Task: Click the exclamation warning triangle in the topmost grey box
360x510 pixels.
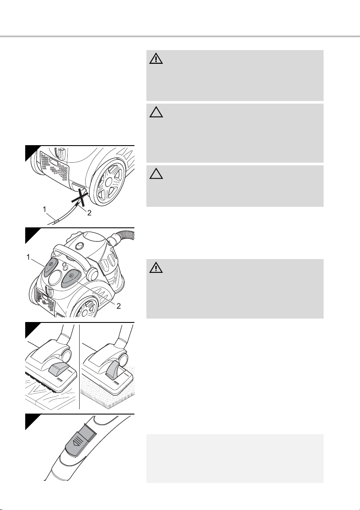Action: point(156,59)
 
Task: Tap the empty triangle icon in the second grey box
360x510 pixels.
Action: point(156,112)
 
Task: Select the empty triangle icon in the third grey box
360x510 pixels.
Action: point(156,174)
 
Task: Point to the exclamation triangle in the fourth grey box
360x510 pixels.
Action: point(156,267)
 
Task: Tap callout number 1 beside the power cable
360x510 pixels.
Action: point(45,210)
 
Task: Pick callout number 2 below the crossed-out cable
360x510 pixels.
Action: point(89,213)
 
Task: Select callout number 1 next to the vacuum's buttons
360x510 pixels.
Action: point(28,257)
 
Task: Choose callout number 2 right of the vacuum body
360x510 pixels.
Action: point(119,306)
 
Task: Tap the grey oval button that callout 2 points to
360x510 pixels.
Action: point(71,279)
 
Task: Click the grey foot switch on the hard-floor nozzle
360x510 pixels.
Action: point(59,368)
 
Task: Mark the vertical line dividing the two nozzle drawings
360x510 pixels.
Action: point(79,367)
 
